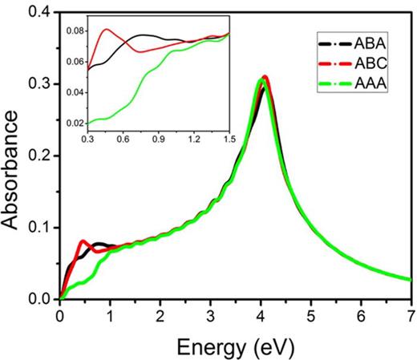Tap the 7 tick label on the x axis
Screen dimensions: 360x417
(x=410, y=314)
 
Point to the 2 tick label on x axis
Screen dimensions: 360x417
(x=160, y=314)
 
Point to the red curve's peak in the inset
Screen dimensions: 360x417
(x=107, y=30)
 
